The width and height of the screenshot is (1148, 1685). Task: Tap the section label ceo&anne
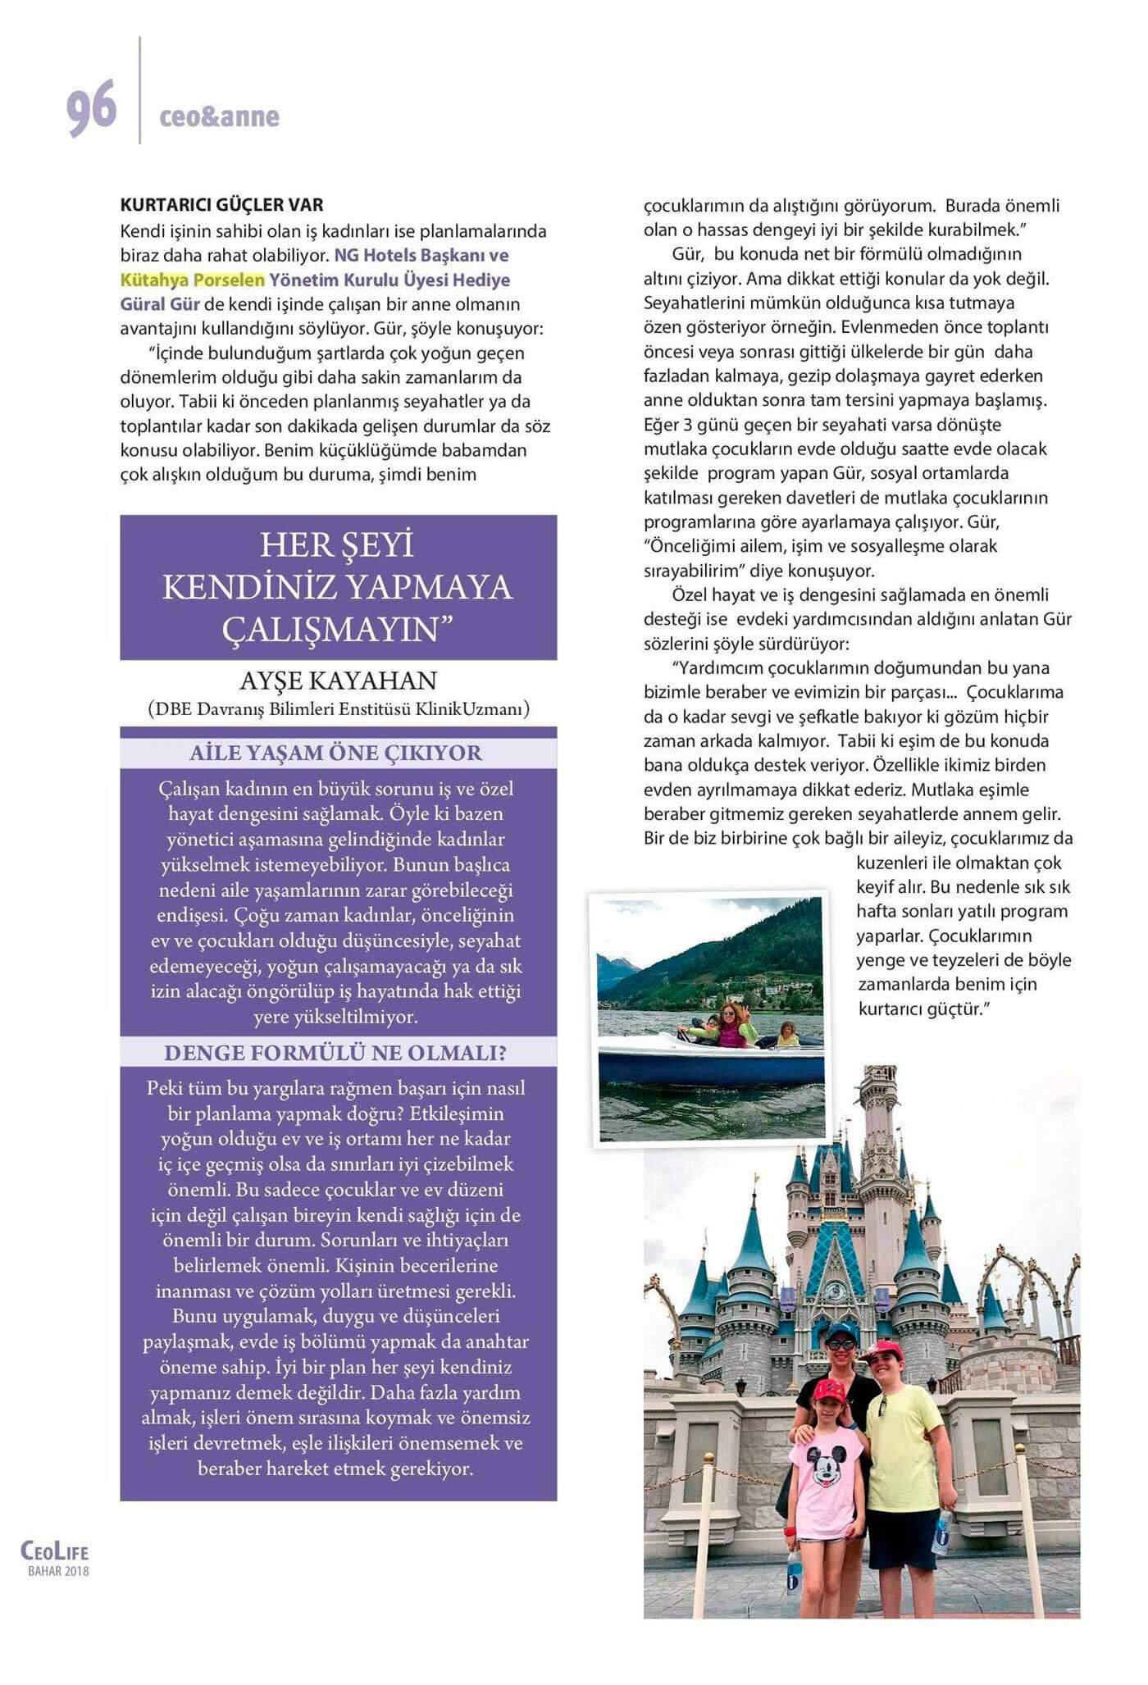(x=219, y=117)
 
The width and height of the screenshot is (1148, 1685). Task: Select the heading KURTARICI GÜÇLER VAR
(x=221, y=205)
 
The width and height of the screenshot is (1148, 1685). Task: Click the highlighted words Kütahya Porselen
(x=193, y=280)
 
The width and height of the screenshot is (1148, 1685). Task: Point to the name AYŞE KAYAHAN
(x=338, y=681)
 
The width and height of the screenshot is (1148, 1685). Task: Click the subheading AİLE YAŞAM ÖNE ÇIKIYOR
(x=336, y=753)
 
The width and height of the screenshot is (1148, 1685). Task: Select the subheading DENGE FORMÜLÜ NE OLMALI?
(x=336, y=1053)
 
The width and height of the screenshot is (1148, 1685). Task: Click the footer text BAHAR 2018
(x=58, y=1571)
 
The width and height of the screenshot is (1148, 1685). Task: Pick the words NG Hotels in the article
(x=373, y=255)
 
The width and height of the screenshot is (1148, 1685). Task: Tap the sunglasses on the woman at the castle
(x=840, y=1345)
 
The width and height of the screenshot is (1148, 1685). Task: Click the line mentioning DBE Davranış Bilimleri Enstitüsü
(x=339, y=708)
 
